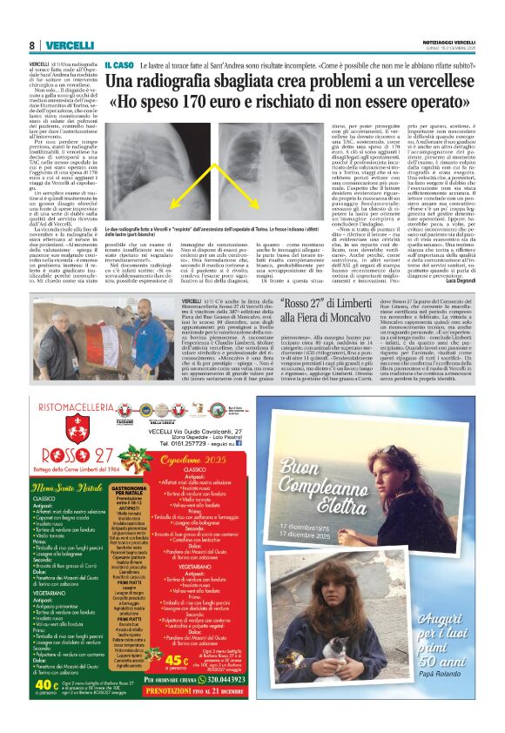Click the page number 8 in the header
32,45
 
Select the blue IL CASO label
118,64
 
